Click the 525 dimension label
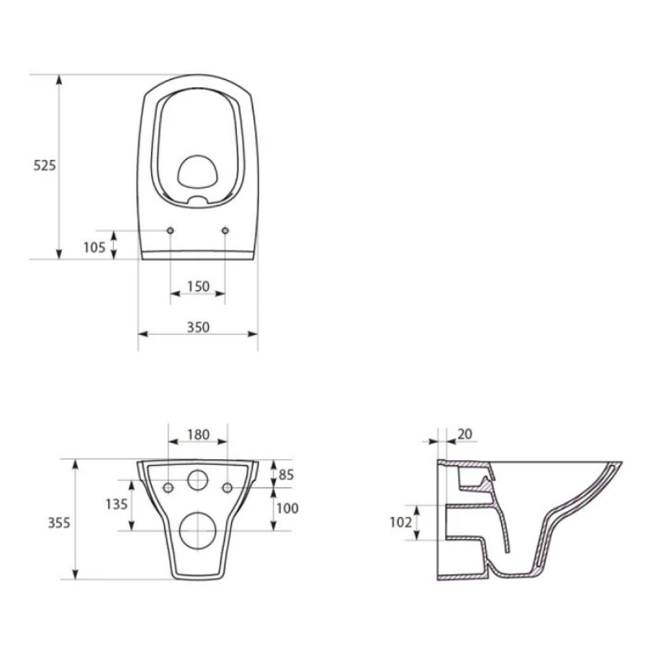tap(44, 166)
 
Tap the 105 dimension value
tap(94, 247)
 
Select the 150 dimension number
tap(198, 286)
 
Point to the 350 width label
tap(198, 327)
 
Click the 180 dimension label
tap(199, 434)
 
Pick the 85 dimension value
tap(286, 474)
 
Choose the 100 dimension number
tap(287, 508)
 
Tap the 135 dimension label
tap(117, 504)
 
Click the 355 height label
tap(59, 523)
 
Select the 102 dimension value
tap(401, 523)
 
